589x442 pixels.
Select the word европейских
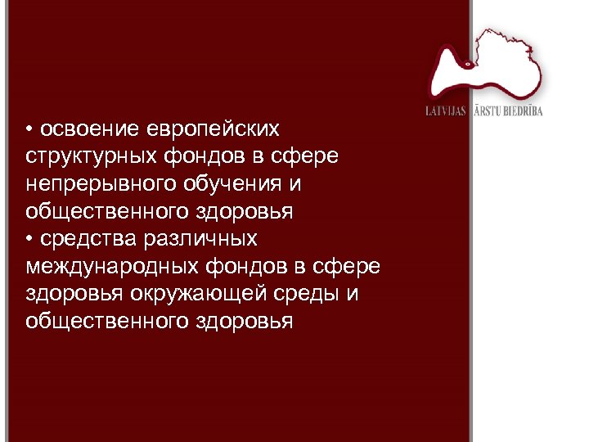[x=214, y=129]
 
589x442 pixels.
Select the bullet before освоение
[x=29, y=129]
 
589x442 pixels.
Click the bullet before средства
[x=29, y=238]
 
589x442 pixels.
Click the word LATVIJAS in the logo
[x=445, y=110]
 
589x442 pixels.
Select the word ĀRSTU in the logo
[x=487, y=110]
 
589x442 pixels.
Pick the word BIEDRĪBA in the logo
[x=524, y=110]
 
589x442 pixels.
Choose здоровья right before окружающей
[x=73, y=293]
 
